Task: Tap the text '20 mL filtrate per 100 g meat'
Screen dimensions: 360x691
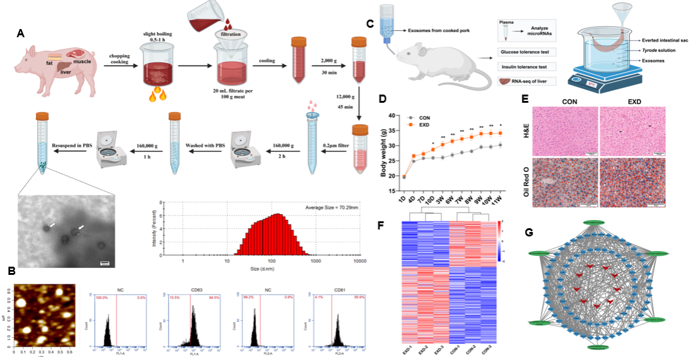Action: point(233,95)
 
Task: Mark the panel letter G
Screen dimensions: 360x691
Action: point(529,233)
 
